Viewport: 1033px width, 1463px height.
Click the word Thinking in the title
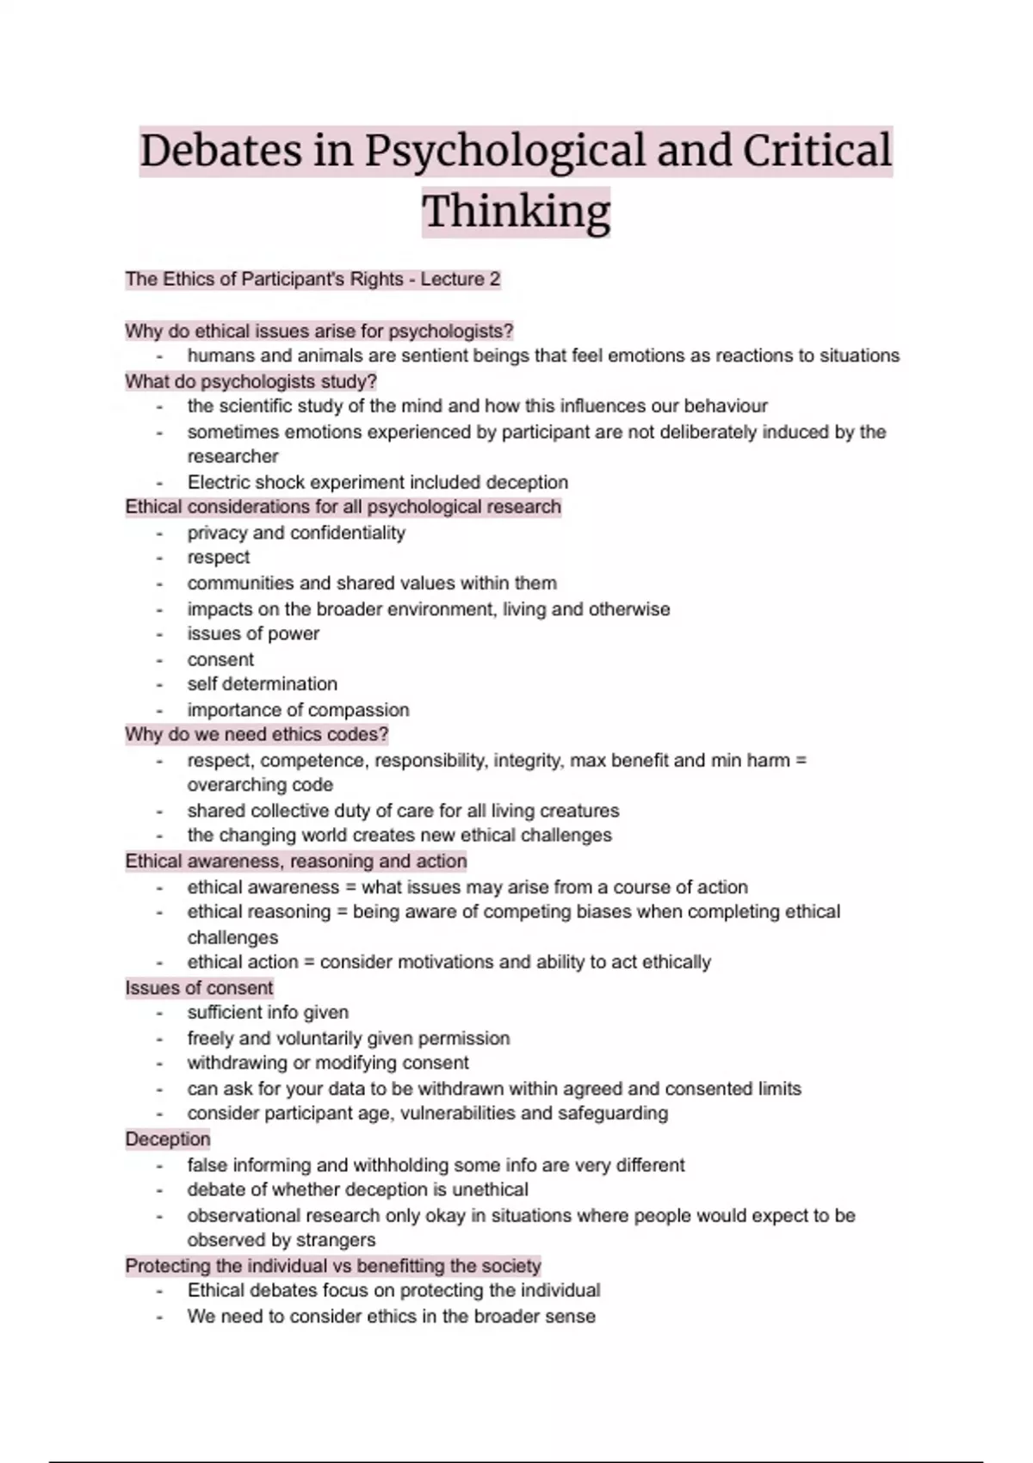pyautogui.click(x=516, y=212)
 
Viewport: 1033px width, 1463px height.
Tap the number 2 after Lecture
pyautogui.click(x=494, y=280)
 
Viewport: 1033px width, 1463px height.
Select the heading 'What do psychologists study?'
pyautogui.click(x=251, y=381)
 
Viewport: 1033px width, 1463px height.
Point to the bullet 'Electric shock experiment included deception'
pyautogui.click(x=377, y=482)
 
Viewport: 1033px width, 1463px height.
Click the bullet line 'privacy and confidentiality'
pyautogui.click(x=296, y=533)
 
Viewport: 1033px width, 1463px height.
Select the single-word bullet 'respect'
pyautogui.click(x=219, y=558)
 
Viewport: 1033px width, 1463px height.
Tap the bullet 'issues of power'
pyautogui.click(x=253, y=634)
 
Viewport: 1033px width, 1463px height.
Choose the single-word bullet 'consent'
pyautogui.click(x=220, y=660)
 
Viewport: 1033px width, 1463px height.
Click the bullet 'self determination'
pyautogui.click(x=262, y=684)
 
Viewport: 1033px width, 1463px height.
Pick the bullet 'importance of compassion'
pyautogui.click(x=298, y=710)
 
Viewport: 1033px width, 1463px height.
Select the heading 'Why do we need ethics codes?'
pyautogui.click(x=257, y=735)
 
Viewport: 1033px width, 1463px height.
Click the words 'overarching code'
pyautogui.click(x=260, y=785)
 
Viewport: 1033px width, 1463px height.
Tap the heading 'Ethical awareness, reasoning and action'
pyautogui.click(x=296, y=861)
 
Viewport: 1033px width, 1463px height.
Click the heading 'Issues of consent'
pyautogui.click(x=199, y=988)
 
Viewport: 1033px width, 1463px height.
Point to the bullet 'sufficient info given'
pyautogui.click(x=268, y=1013)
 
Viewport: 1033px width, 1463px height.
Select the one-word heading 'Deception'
pyautogui.click(x=168, y=1139)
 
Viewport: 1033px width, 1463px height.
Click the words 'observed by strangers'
pyautogui.click(x=281, y=1240)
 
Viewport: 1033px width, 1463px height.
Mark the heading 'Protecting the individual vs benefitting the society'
pyautogui.click(x=333, y=1266)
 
